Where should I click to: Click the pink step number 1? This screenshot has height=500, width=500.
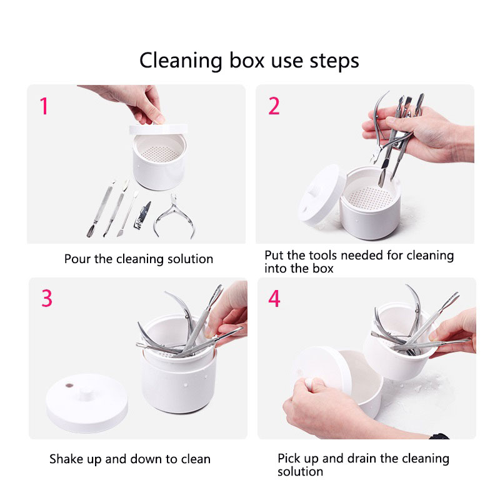pos(44,106)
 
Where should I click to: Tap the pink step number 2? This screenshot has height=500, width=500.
pos(274,106)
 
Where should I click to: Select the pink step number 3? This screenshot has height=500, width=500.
pos(47,299)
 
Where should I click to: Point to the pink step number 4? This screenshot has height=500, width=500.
pos(274,299)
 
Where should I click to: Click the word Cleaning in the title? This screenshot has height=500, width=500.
pos(181,61)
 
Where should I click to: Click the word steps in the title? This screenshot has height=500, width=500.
pos(334,61)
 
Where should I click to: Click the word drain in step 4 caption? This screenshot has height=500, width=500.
pos(362,458)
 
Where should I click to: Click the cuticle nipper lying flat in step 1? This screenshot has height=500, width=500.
pos(174,216)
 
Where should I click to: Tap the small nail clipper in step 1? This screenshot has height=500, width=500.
pos(142,215)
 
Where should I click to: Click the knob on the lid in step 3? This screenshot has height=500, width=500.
pos(85,394)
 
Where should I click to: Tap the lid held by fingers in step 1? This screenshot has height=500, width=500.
pos(158,129)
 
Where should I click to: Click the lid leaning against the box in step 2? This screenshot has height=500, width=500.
pos(322,194)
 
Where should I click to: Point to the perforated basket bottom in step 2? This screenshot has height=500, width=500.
pos(370,197)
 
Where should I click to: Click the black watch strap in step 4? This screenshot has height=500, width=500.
pos(439,436)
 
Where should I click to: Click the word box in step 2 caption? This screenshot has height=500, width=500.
pos(322,269)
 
